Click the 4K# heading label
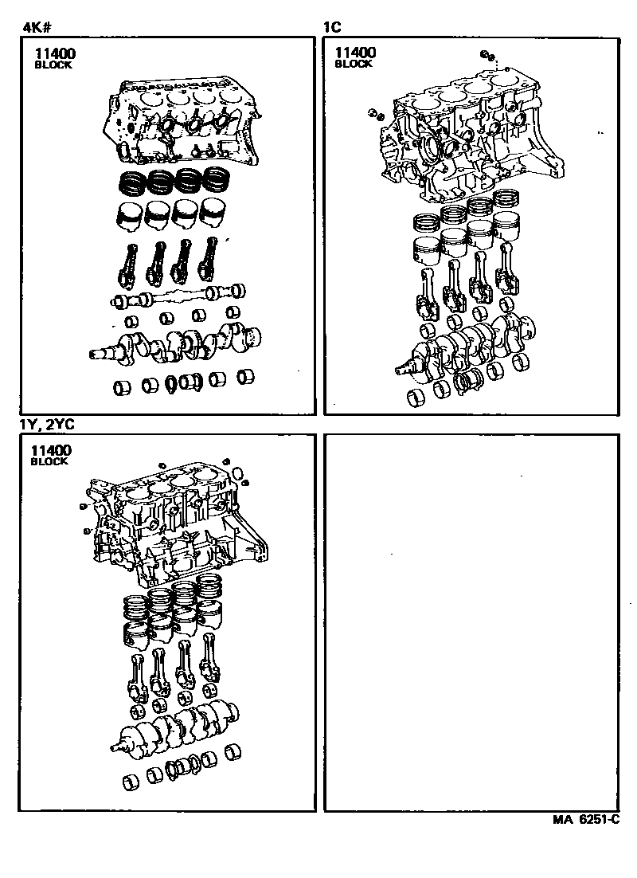point(38,27)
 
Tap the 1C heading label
point(332,27)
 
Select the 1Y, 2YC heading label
point(47,425)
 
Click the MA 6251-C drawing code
point(586,819)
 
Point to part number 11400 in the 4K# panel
point(54,53)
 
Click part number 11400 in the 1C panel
point(355,53)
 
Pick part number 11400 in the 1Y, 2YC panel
point(51,450)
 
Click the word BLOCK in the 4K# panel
point(53,65)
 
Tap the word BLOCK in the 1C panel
point(354,64)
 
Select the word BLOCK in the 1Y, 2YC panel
point(49,461)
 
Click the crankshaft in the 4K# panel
point(176,343)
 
